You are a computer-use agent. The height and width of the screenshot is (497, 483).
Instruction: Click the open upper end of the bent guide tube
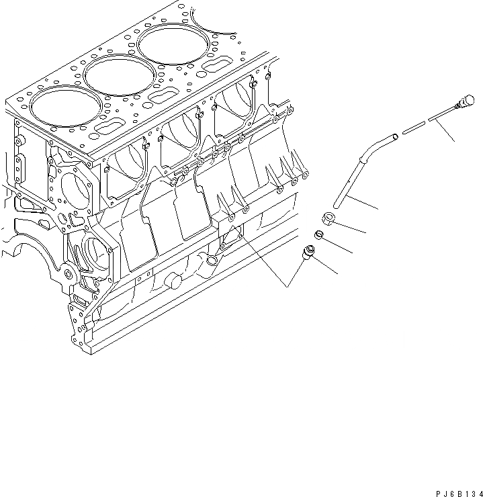coord(395,138)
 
